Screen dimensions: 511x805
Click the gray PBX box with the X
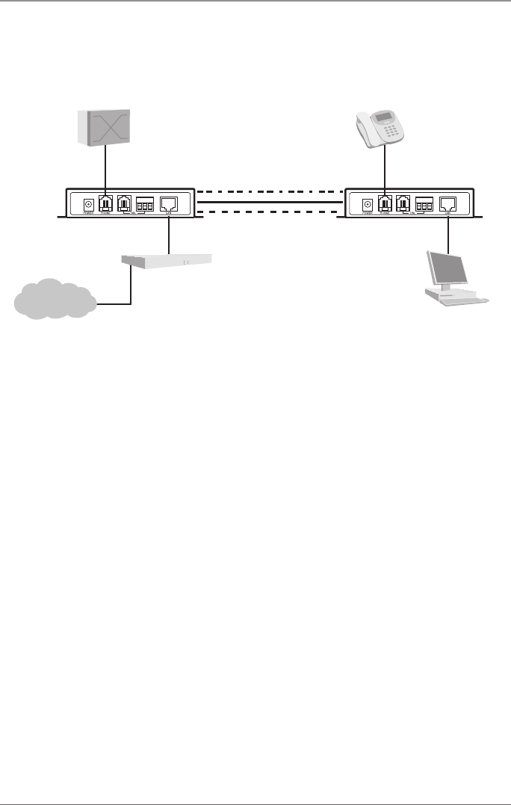[105, 128]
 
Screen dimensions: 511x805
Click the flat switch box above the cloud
[166, 262]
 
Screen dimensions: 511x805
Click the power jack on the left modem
[88, 203]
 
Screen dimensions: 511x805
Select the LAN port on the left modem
[169, 203]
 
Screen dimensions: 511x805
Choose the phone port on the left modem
[105, 203]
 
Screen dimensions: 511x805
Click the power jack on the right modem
[367, 203]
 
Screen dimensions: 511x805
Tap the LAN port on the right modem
[448, 203]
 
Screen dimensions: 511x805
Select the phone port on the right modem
[384, 203]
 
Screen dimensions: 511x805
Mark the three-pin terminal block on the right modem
[424, 203]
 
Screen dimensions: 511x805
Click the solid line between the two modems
[268, 201]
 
